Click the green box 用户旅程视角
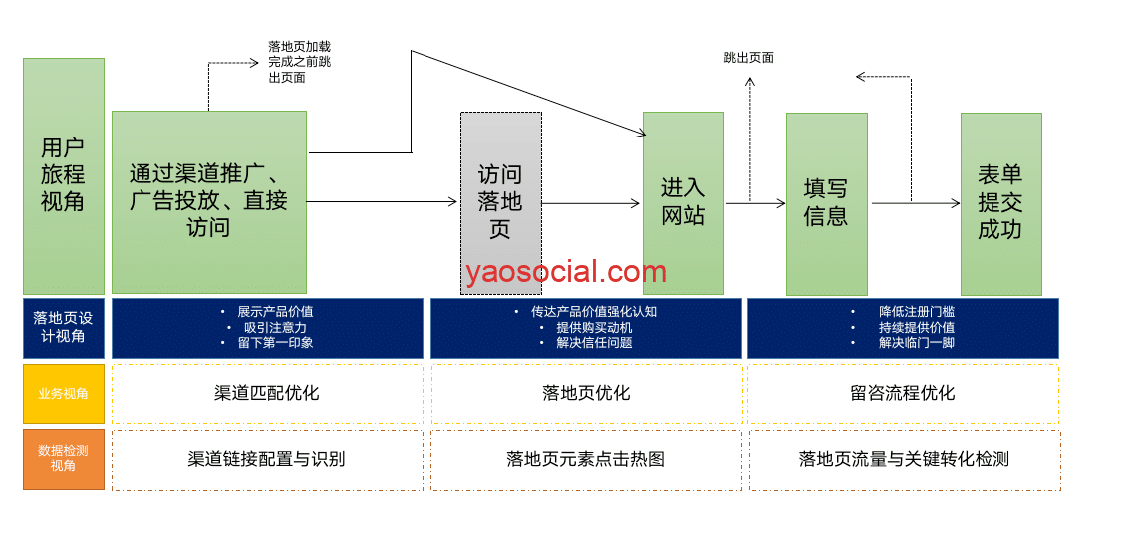point(64,175)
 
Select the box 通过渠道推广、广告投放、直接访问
point(209,201)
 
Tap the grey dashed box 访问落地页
point(500,202)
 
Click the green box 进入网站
point(683,201)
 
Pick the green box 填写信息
point(826,203)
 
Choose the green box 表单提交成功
point(1000,203)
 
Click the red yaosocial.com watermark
point(565,271)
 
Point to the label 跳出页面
point(749,58)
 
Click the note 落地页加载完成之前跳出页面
point(299,62)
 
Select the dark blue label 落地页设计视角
point(64,327)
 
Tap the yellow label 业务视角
point(64,394)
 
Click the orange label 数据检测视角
point(64,459)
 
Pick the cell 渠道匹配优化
point(267,393)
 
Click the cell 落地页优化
point(586,393)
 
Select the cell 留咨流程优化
point(903,393)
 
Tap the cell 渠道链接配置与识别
point(267,459)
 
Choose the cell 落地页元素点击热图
point(586,459)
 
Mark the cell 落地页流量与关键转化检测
point(904,459)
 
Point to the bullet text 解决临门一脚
point(916,343)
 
